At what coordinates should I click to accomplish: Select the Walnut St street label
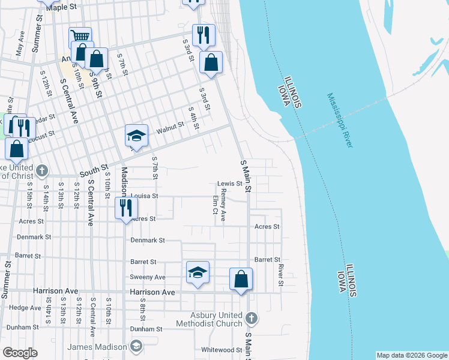tap(169, 128)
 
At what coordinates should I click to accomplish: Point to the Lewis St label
tap(229, 184)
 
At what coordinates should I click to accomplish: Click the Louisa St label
tap(144, 196)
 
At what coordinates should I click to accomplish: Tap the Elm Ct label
tap(214, 204)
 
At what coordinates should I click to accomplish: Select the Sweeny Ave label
tap(148, 277)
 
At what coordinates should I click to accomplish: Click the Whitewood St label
tap(221, 350)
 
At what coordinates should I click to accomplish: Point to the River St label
tap(280, 275)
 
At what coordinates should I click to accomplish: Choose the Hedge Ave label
tap(25, 307)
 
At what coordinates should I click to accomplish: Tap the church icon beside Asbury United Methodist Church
tap(251, 317)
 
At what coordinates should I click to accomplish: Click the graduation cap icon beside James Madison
tap(136, 347)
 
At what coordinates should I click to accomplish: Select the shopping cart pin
tap(80, 37)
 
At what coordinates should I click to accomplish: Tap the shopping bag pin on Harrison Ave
tap(241, 278)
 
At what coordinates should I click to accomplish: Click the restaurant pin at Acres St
tap(127, 208)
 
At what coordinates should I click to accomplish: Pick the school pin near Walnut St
tap(136, 135)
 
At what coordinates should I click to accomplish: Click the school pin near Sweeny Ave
tap(197, 272)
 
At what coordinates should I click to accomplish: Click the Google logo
tap(20, 353)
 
